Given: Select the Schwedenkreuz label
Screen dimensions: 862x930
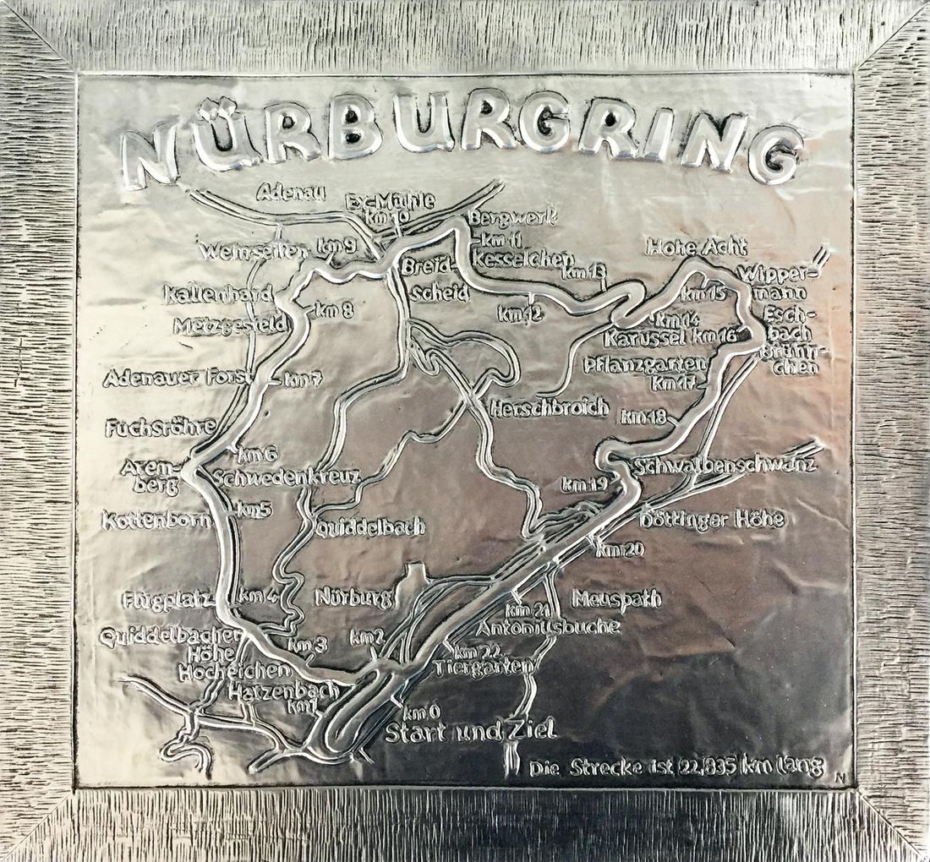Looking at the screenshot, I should pos(287,477).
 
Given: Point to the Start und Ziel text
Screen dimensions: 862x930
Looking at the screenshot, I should pos(470,731).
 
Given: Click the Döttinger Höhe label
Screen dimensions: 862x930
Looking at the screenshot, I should pos(712,519).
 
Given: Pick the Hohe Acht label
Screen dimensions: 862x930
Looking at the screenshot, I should pos(697,248).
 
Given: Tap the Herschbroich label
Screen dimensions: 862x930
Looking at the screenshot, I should pos(550,408).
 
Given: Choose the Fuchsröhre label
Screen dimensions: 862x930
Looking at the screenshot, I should pos(160,428).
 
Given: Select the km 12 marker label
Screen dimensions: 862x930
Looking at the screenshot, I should pos(520,314).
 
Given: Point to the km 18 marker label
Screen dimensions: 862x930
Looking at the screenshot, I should pos(644,417).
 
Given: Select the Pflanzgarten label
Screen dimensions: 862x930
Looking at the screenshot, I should pos(645,364).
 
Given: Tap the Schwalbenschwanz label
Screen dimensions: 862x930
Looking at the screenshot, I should pos(726,466).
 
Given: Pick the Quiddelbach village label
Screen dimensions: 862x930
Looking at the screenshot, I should pos(370,527).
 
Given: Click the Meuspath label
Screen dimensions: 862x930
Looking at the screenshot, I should pos(616,599).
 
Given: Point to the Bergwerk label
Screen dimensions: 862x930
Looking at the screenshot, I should pos(515,218).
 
